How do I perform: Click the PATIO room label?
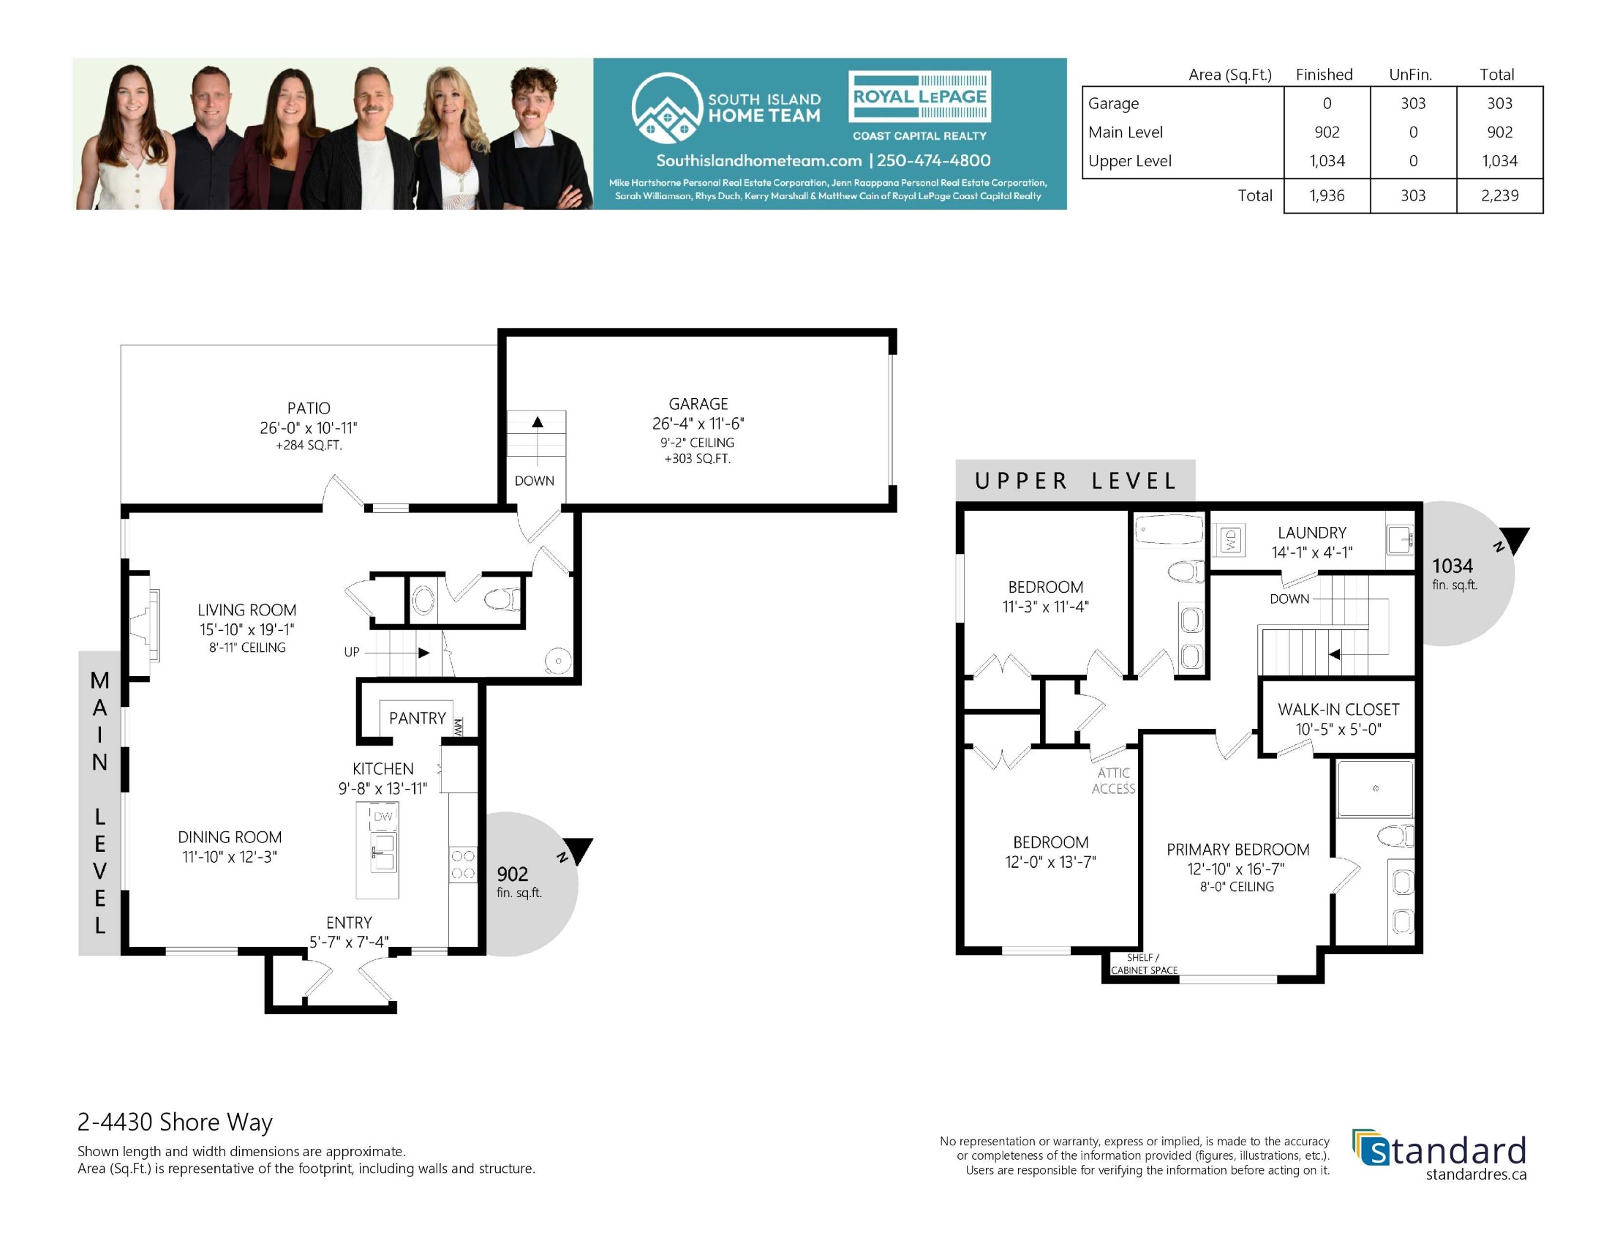point(309,408)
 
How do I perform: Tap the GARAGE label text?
point(698,404)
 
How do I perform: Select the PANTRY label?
point(418,718)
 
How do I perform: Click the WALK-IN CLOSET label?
point(1338,710)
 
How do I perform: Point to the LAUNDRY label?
point(1312,533)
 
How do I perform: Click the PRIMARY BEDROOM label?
point(1237,850)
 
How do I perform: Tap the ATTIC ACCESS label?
point(1113,781)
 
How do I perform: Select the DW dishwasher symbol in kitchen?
point(383,816)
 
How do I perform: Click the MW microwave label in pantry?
point(459,727)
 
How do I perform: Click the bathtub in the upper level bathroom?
point(1169,530)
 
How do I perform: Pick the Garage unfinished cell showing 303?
point(1413,103)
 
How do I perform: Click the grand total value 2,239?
point(1499,195)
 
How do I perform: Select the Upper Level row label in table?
point(1129,161)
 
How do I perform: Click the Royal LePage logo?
point(919,97)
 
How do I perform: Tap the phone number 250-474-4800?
point(933,161)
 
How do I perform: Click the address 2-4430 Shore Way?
point(176,1122)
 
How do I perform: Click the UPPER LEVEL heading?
point(1076,482)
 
